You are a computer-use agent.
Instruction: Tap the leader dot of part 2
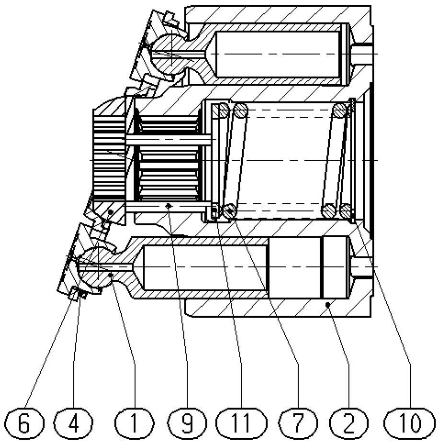327,304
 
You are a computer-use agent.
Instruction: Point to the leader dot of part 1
111,274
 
